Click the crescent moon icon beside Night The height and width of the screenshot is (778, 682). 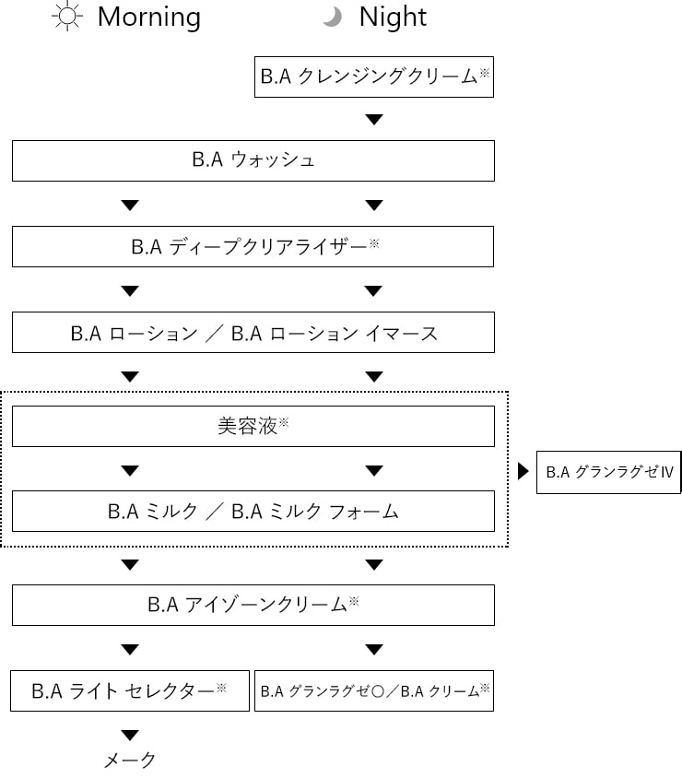[x=333, y=18]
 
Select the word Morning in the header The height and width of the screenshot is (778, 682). [x=148, y=18]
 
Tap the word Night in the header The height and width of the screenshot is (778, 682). [x=393, y=18]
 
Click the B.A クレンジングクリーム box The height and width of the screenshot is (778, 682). [x=374, y=77]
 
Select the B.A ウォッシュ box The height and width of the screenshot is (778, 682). [x=253, y=160]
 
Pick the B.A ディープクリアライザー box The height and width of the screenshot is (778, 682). [x=253, y=247]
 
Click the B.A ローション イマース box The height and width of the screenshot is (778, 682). [x=253, y=333]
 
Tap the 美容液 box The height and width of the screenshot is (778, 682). [x=253, y=427]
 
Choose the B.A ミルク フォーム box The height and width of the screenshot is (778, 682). [x=253, y=512]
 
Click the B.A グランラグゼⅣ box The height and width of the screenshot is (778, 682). [x=609, y=472]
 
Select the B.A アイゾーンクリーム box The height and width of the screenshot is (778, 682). [x=253, y=606]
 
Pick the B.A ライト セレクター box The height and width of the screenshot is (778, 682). [x=130, y=690]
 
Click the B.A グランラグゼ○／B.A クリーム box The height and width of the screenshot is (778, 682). [x=374, y=690]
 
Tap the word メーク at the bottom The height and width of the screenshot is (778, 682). [x=130, y=760]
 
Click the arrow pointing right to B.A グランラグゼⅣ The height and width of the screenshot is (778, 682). [x=523, y=472]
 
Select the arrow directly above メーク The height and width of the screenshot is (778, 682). [x=130, y=735]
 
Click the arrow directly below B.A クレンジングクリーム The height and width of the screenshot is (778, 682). [x=373, y=120]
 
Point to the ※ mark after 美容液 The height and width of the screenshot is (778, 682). [x=284, y=422]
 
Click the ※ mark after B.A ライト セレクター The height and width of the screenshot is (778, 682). [x=221, y=686]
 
